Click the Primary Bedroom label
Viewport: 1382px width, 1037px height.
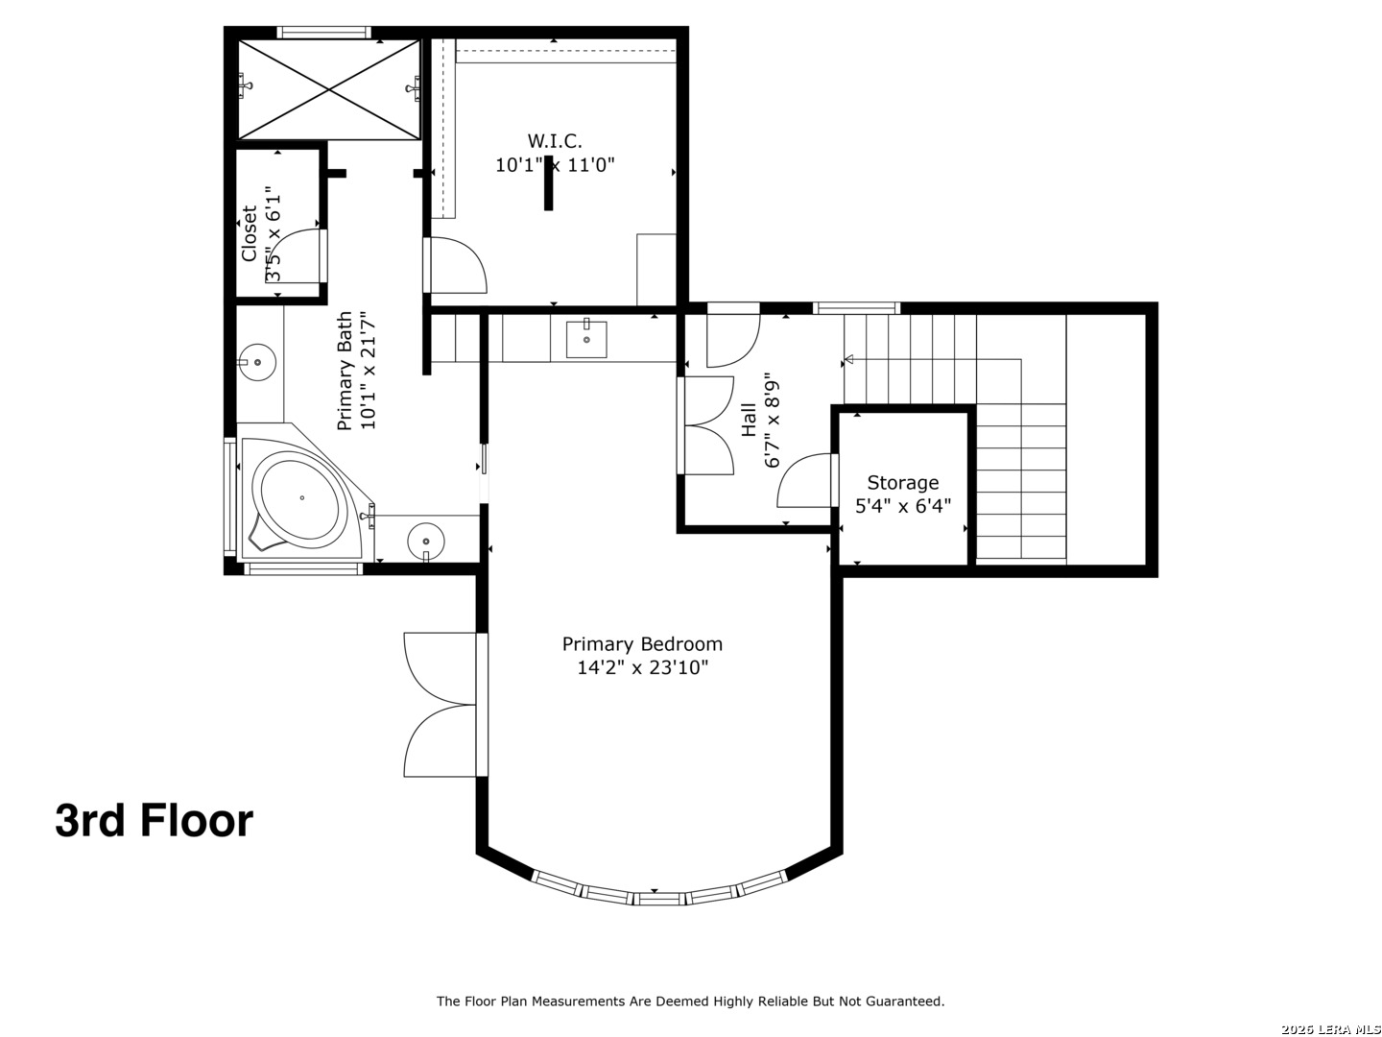pyautogui.click(x=642, y=644)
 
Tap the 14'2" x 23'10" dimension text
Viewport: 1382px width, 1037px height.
pyautogui.click(x=642, y=668)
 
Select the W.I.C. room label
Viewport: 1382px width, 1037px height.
pyautogui.click(x=554, y=141)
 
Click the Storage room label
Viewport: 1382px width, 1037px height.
pyautogui.click(x=902, y=483)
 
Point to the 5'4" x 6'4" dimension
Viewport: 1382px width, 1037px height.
pyautogui.click(x=902, y=506)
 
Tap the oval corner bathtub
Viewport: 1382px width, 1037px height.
pyautogui.click(x=300, y=499)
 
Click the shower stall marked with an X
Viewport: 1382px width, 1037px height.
pyautogui.click(x=328, y=89)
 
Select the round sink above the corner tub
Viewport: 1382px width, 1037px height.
pyautogui.click(x=256, y=363)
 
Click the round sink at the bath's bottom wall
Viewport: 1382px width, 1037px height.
pyautogui.click(x=425, y=541)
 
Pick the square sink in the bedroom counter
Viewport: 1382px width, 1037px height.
pyautogui.click(x=585, y=340)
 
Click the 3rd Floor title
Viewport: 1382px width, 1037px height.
pyautogui.click(x=154, y=821)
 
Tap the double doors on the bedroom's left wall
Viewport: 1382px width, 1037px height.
pyautogui.click(x=441, y=705)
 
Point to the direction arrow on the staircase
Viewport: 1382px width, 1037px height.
pyautogui.click(x=848, y=361)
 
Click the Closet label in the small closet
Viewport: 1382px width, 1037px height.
pyautogui.click(x=250, y=233)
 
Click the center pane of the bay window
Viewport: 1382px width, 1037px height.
pyautogui.click(x=658, y=899)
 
